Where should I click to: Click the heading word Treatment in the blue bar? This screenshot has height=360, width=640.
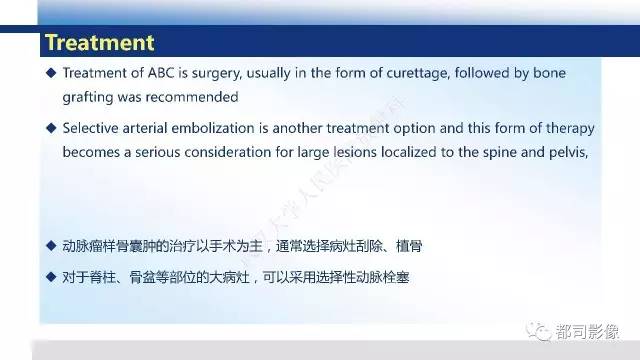[100, 42]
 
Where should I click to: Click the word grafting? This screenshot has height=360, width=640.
[87, 98]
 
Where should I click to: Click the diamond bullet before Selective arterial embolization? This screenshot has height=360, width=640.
[51, 130]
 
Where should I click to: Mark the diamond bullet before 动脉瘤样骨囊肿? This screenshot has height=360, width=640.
[51, 244]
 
